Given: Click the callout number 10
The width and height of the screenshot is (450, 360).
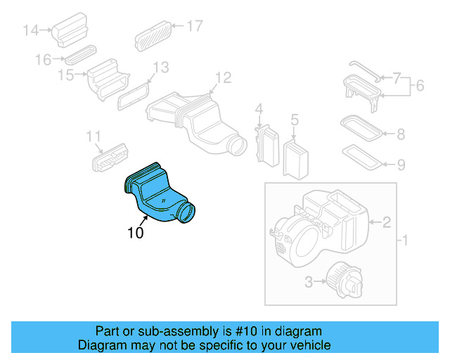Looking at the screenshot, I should [135, 233].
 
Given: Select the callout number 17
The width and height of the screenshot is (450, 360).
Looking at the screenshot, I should [194, 26].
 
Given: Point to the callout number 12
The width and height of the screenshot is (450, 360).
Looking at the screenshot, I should [222, 77].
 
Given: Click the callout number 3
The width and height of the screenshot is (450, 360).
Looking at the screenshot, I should [309, 283].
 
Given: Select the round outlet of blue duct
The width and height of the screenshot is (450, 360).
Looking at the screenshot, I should [188, 211].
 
